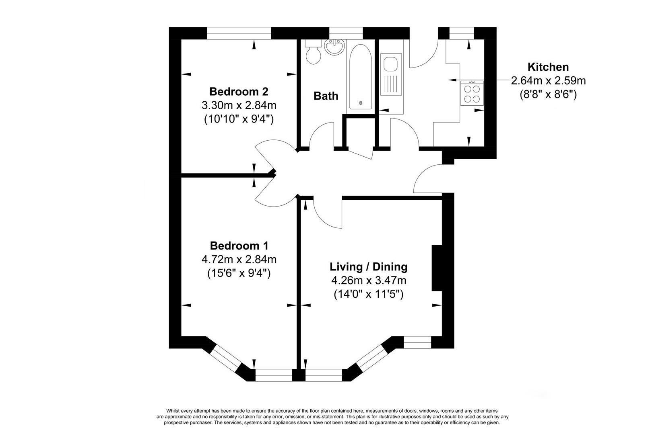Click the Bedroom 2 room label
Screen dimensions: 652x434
239,92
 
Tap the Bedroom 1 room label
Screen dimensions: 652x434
239,246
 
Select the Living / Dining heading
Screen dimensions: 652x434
369,266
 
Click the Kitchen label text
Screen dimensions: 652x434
548,67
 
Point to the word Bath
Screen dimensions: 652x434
326,96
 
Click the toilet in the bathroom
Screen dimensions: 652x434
313,52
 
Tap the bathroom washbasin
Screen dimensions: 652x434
335,47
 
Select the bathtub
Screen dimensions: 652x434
361,77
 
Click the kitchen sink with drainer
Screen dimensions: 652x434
391,74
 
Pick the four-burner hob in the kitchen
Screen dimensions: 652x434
472,93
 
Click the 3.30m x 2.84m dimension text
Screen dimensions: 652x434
239,105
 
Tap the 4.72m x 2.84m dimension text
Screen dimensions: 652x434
239,259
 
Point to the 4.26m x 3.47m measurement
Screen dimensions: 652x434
369,280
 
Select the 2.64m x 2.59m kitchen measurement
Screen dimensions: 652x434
549,80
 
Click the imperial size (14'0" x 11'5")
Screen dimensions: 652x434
369,295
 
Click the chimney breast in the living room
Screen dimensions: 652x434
437,268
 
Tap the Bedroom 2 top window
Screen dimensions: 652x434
239,33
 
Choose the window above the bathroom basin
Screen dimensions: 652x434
346,33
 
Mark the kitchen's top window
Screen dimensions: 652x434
462,33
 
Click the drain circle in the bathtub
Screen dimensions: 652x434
361,102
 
